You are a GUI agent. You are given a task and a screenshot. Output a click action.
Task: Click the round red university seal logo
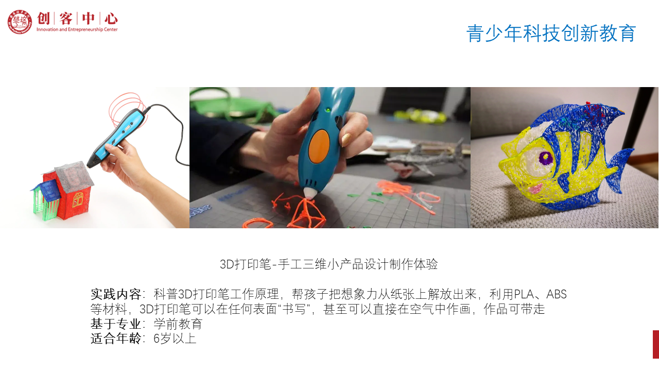click(x=20, y=22)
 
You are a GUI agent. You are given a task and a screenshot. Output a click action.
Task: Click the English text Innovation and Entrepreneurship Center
click(x=77, y=29)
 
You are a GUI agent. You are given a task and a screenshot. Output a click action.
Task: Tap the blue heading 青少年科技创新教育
click(x=551, y=33)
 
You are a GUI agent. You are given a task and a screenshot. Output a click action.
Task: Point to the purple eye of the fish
click(x=546, y=158)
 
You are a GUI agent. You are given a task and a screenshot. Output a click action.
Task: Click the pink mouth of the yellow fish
click(x=535, y=188)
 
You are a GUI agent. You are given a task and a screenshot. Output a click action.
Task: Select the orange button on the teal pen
click(x=319, y=146)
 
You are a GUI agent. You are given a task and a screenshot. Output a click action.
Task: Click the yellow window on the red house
click(x=78, y=199)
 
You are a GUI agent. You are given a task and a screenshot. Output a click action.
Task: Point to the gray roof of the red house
click(x=74, y=174)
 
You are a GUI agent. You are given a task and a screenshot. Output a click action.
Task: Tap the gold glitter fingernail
click(x=346, y=140)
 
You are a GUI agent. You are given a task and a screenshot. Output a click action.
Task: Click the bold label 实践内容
click(x=116, y=294)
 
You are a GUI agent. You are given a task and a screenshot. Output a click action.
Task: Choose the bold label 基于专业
click(x=116, y=324)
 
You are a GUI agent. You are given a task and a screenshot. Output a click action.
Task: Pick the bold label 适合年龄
click(x=116, y=339)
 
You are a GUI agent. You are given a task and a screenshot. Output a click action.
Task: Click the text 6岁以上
click(x=175, y=339)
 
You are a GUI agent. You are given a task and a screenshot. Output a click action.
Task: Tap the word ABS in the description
click(x=557, y=294)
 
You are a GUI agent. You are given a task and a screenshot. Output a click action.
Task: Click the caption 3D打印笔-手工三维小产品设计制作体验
click(x=328, y=264)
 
